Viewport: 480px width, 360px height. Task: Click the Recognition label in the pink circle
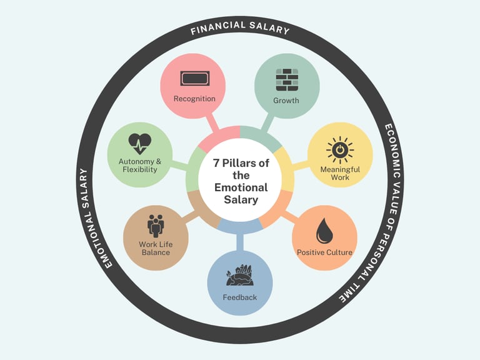(x=194, y=99)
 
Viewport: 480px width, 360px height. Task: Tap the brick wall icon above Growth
(x=286, y=79)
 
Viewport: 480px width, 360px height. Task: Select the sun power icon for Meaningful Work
(x=339, y=150)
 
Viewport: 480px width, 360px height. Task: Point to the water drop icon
(x=324, y=230)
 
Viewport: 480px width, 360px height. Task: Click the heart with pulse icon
(x=139, y=144)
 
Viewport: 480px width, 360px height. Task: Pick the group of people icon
(x=155, y=224)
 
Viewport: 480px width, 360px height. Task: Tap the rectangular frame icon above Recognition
(x=194, y=79)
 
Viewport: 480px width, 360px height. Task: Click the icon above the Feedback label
(x=239, y=276)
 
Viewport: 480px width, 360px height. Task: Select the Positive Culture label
(x=324, y=252)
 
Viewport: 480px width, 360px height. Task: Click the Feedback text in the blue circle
(x=239, y=297)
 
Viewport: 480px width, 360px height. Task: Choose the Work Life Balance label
(x=155, y=248)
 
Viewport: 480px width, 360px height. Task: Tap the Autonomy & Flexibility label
(x=139, y=166)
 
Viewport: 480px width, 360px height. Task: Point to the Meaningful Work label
(x=339, y=173)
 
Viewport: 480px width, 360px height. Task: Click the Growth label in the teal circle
(x=286, y=100)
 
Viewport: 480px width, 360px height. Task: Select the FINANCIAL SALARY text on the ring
(x=240, y=29)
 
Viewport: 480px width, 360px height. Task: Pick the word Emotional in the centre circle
(x=241, y=187)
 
